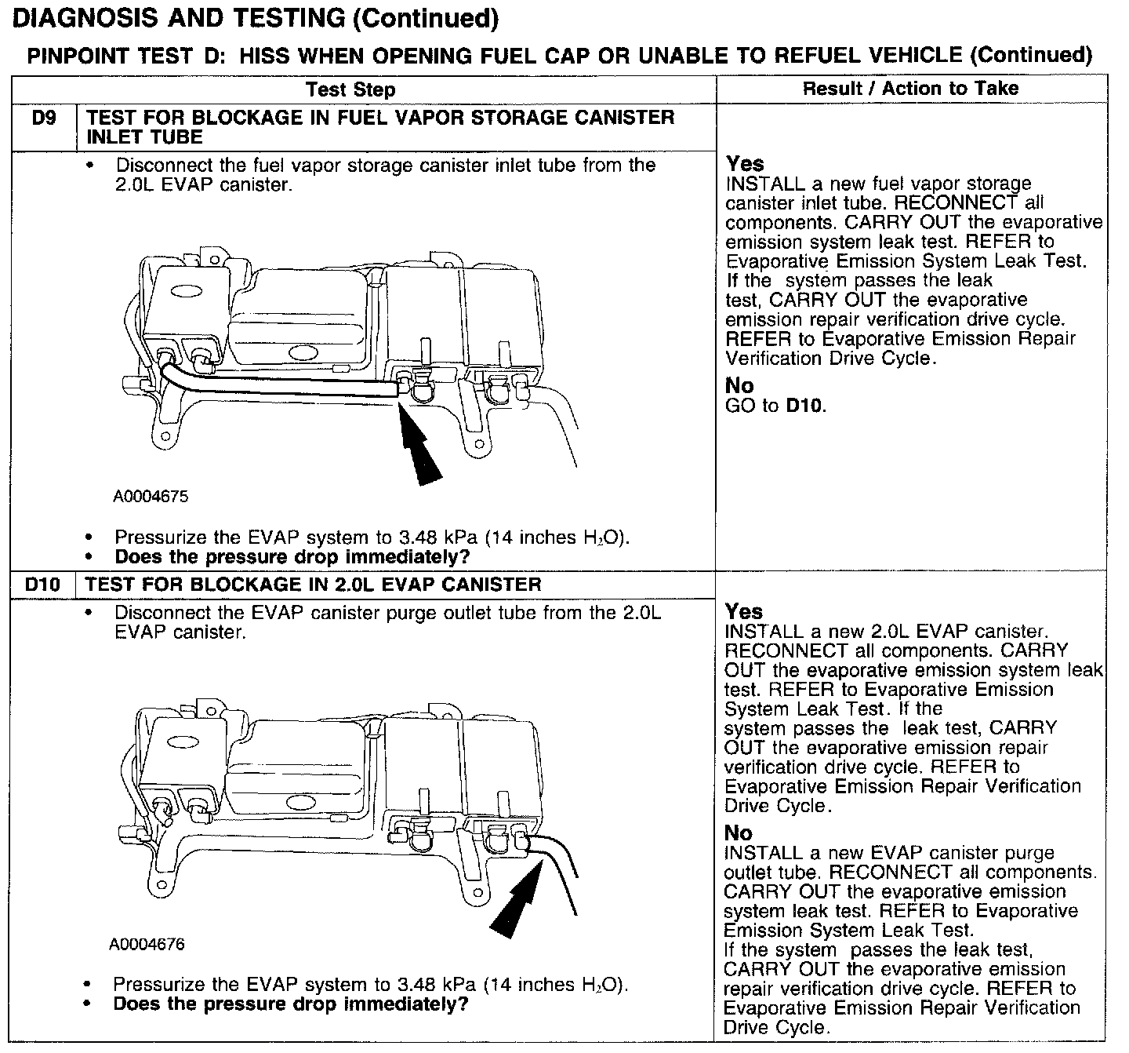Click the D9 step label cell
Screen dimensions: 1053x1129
click(x=43, y=118)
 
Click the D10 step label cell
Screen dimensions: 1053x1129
click(x=43, y=585)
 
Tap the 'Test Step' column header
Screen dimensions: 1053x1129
click(x=350, y=89)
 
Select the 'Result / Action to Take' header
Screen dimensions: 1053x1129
click(x=910, y=89)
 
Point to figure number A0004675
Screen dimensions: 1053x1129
click(x=151, y=497)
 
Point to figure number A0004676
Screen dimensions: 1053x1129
click(x=147, y=945)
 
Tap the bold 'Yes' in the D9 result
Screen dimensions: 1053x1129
click(x=744, y=164)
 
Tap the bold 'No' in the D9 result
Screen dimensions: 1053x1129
click(x=739, y=386)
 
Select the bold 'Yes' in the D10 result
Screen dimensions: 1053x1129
click(x=743, y=611)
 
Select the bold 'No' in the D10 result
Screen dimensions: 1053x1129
click(x=738, y=833)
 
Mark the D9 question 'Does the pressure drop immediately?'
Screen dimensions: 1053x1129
click(x=292, y=557)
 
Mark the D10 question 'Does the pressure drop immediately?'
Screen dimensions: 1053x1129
click(x=290, y=1004)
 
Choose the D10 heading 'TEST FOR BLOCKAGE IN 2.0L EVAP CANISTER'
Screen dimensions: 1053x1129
click(x=313, y=585)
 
